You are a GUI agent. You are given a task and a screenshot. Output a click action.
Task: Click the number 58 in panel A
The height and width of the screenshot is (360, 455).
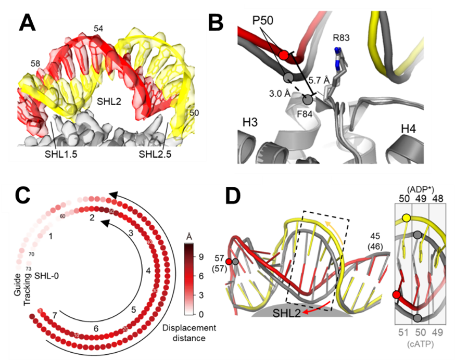pyautogui.click(x=35, y=63)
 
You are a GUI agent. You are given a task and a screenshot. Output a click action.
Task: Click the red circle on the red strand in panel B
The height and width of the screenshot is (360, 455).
pyautogui.click(x=283, y=55)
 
